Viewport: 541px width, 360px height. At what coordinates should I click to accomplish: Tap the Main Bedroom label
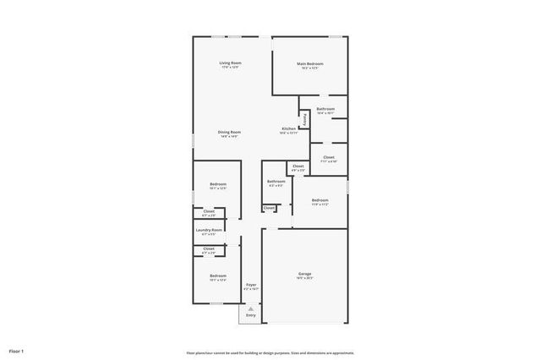[x=309, y=64]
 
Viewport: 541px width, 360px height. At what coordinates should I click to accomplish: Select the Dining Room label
[x=230, y=132]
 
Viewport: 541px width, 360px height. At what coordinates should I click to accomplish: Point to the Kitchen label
[x=288, y=128]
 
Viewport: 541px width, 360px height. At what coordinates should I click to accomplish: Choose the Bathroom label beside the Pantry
[x=325, y=109]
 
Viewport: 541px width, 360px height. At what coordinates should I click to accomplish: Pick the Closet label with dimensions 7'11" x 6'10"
[x=328, y=157]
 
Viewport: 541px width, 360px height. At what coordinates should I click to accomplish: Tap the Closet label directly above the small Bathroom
[x=298, y=166]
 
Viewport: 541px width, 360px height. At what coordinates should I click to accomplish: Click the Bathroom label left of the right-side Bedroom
[x=276, y=181]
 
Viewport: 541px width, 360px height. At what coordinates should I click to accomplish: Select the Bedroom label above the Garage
[x=320, y=200]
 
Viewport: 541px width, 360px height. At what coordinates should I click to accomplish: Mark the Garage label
[x=304, y=274]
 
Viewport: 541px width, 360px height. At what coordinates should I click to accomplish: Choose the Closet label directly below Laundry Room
[x=209, y=248]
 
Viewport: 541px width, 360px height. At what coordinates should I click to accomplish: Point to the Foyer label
[x=251, y=285]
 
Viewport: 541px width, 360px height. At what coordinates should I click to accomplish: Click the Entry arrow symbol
[x=250, y=309]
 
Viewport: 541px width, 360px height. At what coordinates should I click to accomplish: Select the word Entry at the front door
[x=250, y=316]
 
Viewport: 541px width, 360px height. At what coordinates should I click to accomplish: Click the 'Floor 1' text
[x=17, y=349]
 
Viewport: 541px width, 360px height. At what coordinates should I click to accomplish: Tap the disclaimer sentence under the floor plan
[x=270, y=353]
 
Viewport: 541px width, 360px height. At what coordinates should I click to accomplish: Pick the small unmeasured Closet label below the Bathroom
[x=269, y=208]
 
